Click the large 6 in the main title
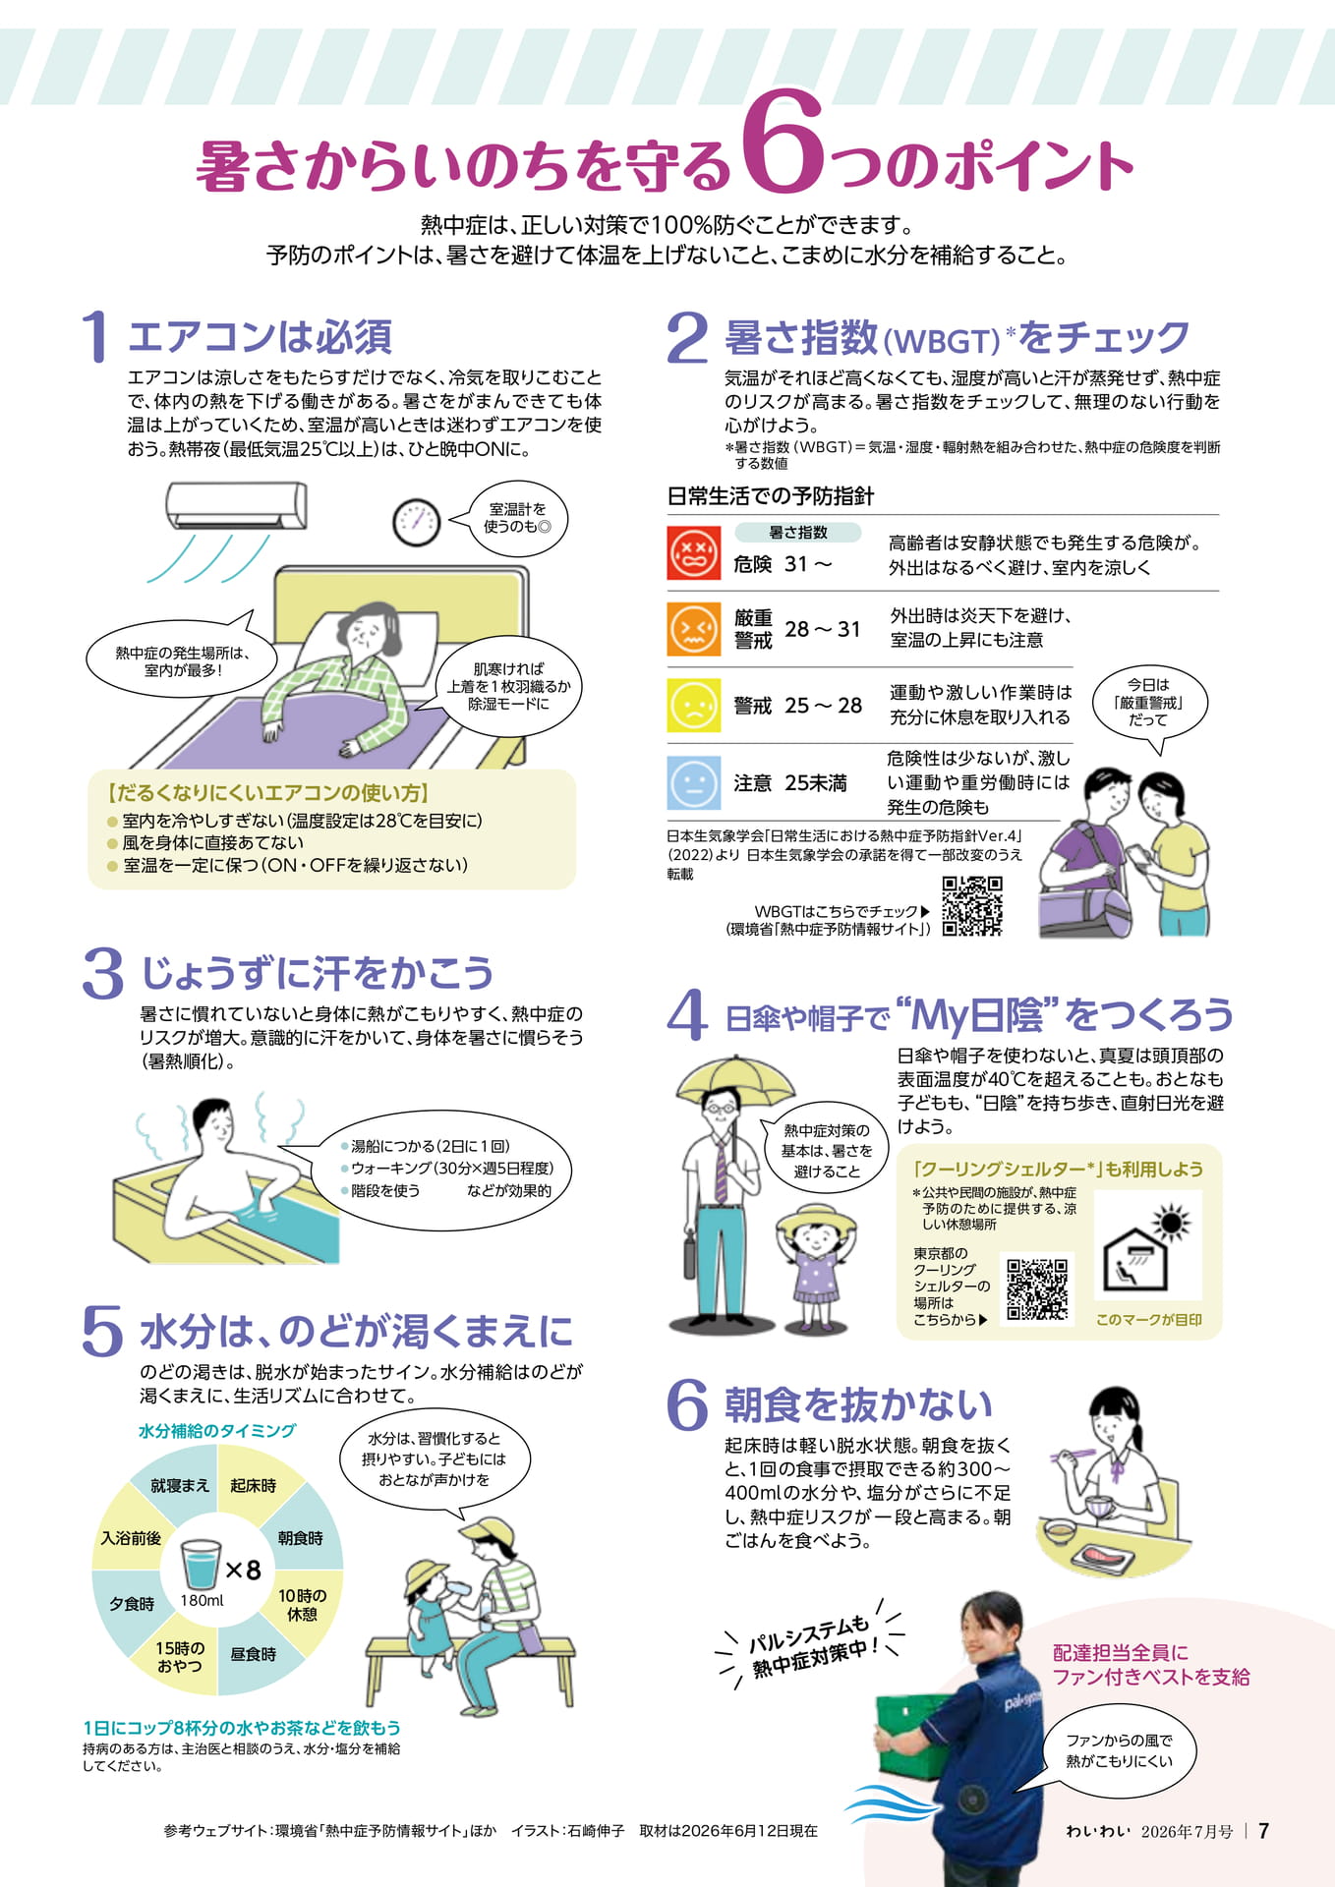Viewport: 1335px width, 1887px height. (x=783, y=143)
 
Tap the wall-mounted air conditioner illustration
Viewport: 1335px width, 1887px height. (x=236, y=505)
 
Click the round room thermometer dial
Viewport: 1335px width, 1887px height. (x=416, y=521)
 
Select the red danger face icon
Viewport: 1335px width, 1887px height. (x=693, y=553)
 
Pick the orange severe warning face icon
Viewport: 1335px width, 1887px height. (x=693, y=629)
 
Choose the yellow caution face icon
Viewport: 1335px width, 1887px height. (x=693, y=706)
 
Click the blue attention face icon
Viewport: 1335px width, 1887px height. (x=693, y=782)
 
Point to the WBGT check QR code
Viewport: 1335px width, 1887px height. (x=972, y=906)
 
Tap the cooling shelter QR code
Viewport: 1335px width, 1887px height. (x=1037, y=1288)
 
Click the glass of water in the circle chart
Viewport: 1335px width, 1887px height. (x=202, y=1564)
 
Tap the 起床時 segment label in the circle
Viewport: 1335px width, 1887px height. (x=254, y=1485)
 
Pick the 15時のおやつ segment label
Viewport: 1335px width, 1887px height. (x=180, y=1657)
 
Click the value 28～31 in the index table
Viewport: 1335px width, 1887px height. (x=823, y=629)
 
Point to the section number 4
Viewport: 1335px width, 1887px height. (x=687, y=1015)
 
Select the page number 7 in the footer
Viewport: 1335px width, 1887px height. (x=1264, y=1830)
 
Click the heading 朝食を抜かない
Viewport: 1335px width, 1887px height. (x=858, y=1404)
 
